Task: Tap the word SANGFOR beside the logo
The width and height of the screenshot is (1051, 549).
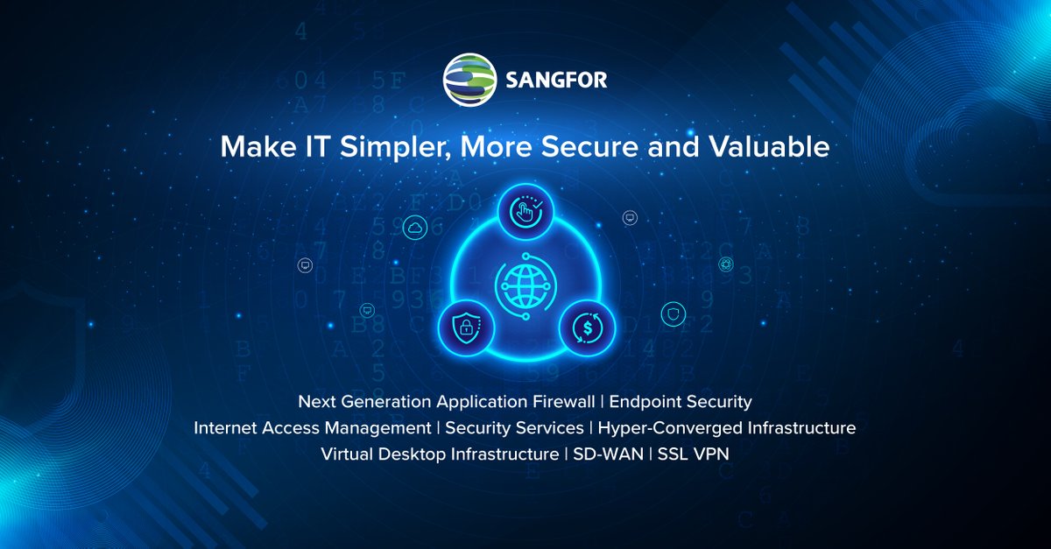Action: (x=556, y=81)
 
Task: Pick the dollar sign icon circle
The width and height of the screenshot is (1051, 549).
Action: (x=587, y=329)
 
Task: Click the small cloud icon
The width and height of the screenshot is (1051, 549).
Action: (x=414, y=229)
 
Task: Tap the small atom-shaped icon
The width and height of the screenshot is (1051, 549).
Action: (x=726, y=264)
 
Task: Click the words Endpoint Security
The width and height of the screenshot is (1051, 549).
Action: (x=681, y=402)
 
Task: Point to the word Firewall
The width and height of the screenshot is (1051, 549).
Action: (x=563, y=402)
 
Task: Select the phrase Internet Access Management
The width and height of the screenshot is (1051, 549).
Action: (x=313, y=428)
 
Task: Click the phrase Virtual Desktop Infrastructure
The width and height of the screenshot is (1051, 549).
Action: (x=439, y=454)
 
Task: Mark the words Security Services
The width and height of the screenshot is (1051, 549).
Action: (x=514, y=428)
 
